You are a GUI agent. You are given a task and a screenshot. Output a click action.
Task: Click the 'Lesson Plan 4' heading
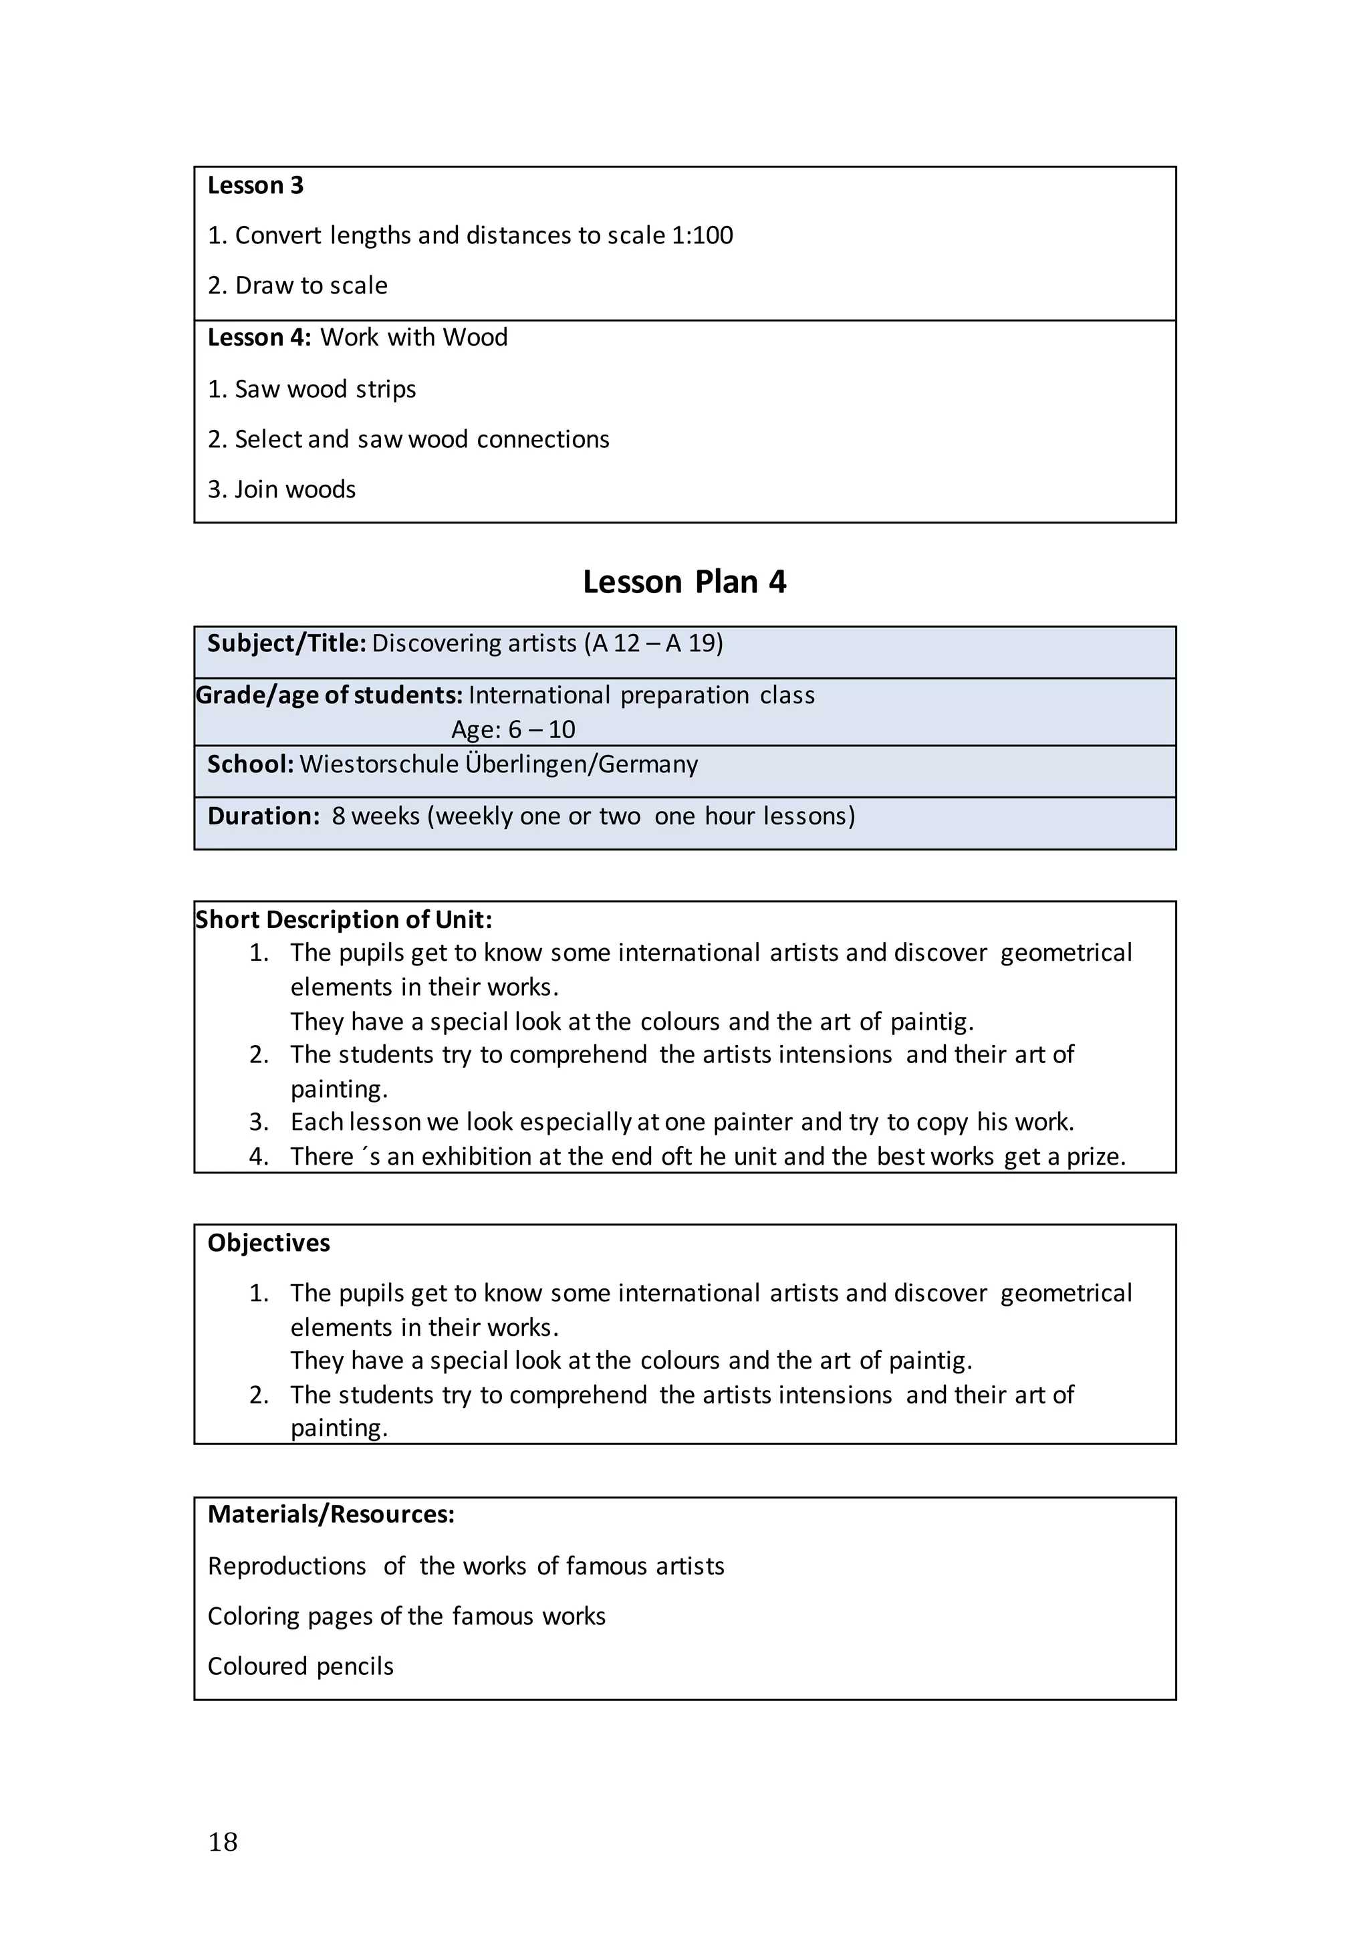[684, 582]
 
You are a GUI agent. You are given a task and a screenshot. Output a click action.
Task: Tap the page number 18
[223, 1842]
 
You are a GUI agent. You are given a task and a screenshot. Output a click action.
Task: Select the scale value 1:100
[702, 235]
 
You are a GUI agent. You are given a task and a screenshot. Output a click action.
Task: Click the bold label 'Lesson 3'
[255, 185]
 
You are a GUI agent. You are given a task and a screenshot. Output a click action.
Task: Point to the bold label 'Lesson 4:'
[259, 337]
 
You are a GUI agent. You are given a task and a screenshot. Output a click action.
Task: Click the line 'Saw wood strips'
[325, 388]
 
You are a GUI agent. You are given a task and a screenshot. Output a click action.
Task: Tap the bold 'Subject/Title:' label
[286, 643]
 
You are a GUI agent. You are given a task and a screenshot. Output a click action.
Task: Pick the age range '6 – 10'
[541, 729]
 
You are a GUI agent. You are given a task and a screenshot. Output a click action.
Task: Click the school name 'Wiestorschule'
[378, 764]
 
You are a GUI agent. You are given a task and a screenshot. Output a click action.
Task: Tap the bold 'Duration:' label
[263, 816]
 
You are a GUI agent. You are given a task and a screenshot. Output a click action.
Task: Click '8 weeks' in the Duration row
[375, 816]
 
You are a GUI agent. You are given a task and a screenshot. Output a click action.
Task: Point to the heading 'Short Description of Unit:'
[344, 919]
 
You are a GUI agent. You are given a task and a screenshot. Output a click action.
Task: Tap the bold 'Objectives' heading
[269, 1242]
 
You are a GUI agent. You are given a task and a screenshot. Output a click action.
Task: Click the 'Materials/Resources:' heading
[331, 1514]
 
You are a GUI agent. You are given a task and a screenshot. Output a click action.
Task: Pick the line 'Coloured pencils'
[301, 1666]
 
